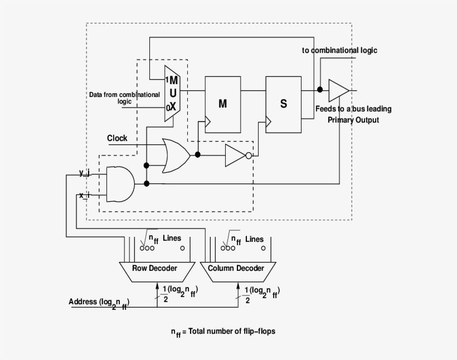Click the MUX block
click(172, 93)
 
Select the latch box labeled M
click(222, 104)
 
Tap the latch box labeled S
click(283, 104)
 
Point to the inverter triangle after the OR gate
click(234, 155)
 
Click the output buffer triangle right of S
click(338, 90)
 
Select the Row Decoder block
click(154, 269)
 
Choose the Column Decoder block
click(236, 269)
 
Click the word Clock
click(117, 138)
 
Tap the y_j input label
click(84, 173)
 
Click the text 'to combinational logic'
click(339, 50)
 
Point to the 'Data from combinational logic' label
click(124, 98)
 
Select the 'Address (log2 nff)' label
click(99, 303)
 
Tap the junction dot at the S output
click(320, 89)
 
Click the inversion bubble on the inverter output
click(249, 156)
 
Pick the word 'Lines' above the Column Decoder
click(254, 239)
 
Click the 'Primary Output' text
click(353, 120)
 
